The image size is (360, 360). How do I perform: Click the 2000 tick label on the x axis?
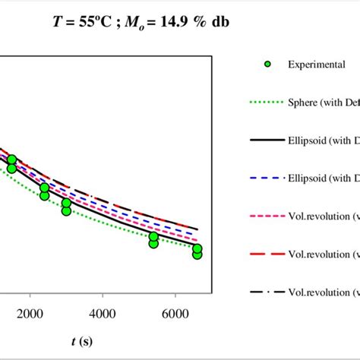(30, 314)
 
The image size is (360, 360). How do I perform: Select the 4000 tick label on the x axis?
(103, 314)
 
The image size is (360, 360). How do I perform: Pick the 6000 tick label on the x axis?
(175, 314)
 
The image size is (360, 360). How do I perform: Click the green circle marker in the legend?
(267, 65)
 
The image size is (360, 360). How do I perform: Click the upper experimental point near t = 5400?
(154, 237)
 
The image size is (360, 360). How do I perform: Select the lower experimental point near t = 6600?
(197, 254)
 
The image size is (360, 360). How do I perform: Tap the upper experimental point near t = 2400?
(45, 188)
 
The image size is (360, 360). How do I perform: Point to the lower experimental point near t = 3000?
(67, 211)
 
